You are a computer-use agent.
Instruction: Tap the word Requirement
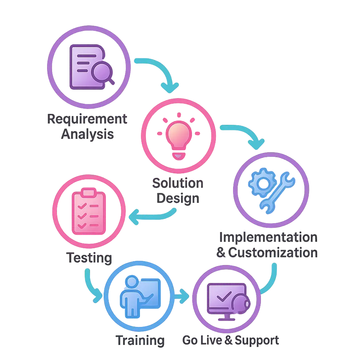click(x=88, y=119)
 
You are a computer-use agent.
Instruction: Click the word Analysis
click(x=88, y=134)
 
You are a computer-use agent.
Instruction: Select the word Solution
click(x=178, y=183)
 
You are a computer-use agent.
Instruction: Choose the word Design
click(x=178, y=199)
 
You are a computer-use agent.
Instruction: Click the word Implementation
click(x=268, y=237)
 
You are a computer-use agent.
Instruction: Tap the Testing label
click(x=89, y=258)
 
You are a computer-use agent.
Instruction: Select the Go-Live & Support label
click(x=231, y=340)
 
